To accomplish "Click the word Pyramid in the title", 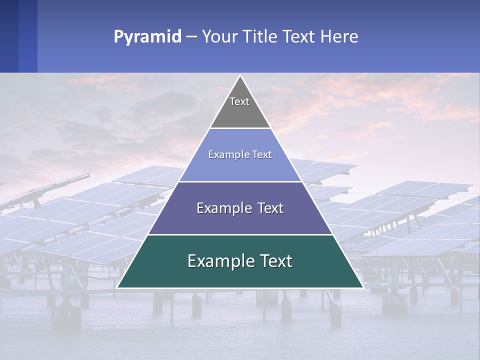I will (x=147, y=37).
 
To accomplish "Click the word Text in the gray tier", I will (x=239, y=101).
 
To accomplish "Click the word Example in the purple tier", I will (x=220, y=208).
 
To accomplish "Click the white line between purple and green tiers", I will (x=240, y=234).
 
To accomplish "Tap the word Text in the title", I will (x=299, y=37).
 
